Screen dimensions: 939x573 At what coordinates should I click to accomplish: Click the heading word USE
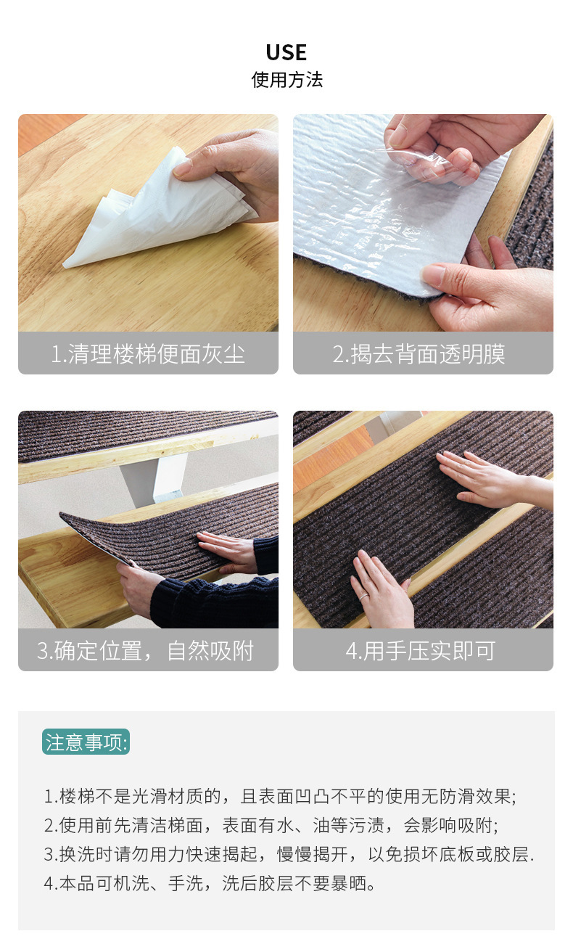tap(286, 52)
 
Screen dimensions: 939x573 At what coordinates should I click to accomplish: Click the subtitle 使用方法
tap(286, 80)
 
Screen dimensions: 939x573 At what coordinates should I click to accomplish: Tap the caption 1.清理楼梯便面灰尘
tap(148, 354)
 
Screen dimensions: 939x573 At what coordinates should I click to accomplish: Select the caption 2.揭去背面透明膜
tap(423, 354)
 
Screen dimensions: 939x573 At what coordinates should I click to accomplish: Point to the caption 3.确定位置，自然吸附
tap(148, 650)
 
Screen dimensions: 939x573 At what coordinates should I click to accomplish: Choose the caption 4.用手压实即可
tap(423, 650)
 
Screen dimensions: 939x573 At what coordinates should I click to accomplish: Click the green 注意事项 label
tap(86, 742)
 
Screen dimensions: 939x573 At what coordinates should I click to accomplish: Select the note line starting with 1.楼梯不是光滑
tap(280, 796)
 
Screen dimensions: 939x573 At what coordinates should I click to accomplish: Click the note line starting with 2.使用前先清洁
tap(271, 825)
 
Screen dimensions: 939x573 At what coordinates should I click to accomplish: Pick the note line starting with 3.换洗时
tap(289, 854)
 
